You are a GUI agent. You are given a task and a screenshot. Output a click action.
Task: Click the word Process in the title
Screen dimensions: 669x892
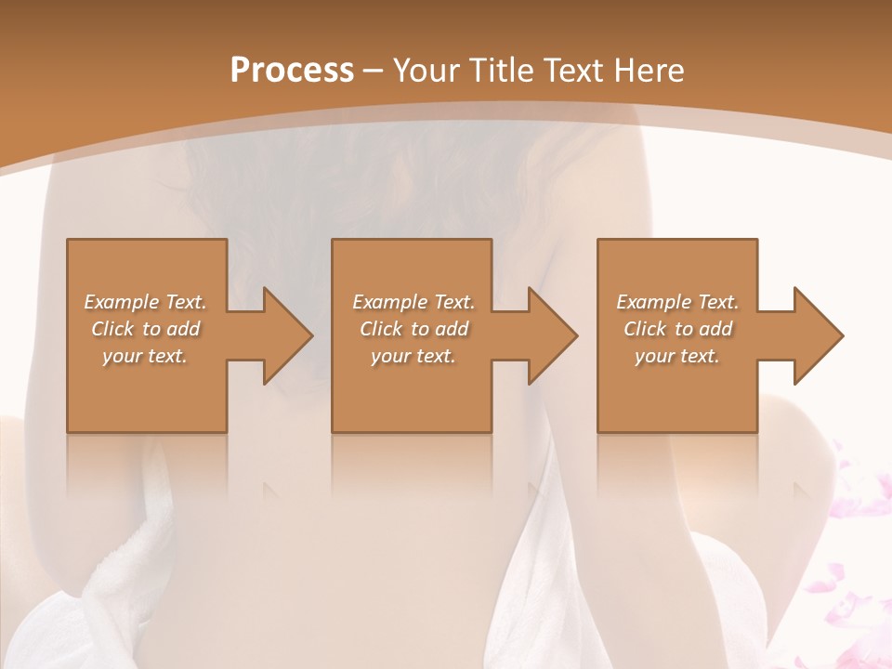coord(292,71)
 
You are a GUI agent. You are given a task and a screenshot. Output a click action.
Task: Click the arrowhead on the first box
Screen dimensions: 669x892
coord(288,335)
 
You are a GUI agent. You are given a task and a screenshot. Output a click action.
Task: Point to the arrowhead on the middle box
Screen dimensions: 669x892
coord(553,335)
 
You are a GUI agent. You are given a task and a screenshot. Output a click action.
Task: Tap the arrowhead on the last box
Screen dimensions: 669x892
coord(818,335)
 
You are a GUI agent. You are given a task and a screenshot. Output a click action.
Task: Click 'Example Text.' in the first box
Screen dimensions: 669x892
coord(145,302)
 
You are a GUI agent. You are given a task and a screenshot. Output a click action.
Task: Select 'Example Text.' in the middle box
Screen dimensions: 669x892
coord(413,302)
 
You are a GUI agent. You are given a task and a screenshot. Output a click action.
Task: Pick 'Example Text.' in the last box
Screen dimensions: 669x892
coord(677,302)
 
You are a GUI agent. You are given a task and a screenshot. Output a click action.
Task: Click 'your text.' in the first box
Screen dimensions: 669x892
coord(145,356)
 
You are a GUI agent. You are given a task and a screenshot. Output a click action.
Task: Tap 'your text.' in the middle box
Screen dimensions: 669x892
coord(413,356)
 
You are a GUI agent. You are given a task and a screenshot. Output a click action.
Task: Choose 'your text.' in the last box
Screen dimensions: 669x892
coord(677,356)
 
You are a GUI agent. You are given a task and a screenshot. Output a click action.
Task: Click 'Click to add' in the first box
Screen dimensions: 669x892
coord(145,329)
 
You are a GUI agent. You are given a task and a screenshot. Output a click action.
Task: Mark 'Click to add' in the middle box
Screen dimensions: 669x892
coord(413,329)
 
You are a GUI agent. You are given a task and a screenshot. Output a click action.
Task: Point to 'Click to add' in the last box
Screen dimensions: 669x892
coord(677,329)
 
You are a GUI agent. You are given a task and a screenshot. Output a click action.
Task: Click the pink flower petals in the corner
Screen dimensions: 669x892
coord(850,520)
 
